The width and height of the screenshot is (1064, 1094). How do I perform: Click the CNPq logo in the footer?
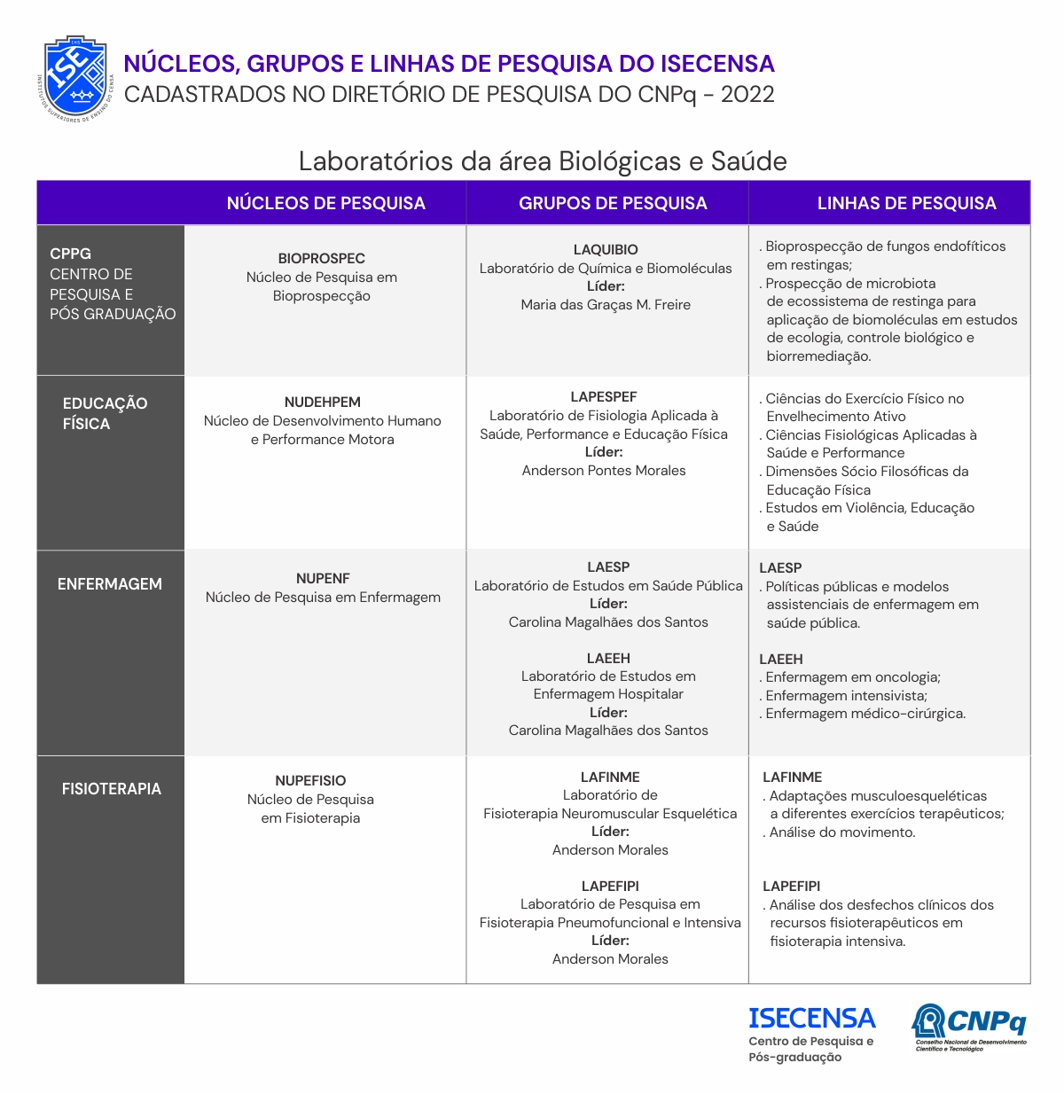coord(969,1027)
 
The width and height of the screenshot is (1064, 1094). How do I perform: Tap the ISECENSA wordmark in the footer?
coord(811,1018)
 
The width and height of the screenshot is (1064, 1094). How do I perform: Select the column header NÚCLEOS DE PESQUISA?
coord(325,203)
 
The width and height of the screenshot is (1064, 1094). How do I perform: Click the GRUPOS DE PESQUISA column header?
coord(613,203)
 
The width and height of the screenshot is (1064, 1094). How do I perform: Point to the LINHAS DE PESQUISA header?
coord(906,203)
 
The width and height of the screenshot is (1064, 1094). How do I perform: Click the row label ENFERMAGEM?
coord(110,584)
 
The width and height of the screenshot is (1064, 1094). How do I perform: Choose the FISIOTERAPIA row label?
coord(111,788)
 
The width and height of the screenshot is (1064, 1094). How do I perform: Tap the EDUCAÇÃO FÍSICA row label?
coord(104,413)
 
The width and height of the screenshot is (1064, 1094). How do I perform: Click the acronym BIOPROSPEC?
coord(321,258)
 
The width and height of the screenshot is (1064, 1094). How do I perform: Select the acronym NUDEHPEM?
coord(322,402)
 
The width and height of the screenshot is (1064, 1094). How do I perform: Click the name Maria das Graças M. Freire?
coord(606,304)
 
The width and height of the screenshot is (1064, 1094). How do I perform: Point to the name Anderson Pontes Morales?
coord(604,470)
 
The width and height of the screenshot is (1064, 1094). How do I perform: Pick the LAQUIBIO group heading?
coord(606,249)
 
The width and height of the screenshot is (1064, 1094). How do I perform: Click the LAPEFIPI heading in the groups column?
coord(610,886)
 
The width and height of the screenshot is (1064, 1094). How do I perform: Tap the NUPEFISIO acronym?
coord(310,780)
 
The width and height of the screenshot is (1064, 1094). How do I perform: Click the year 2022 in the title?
coord(747,94)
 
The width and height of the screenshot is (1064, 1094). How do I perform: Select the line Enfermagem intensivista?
coord(845,695)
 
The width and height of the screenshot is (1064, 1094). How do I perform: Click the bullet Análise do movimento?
coord(841,832)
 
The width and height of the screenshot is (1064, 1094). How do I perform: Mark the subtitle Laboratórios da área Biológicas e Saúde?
coord(543,160)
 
